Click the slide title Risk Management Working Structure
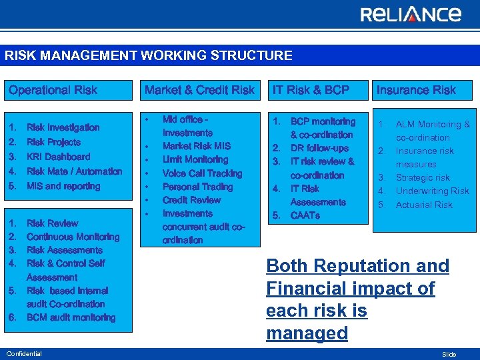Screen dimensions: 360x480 pyautogui.click(x=149, y=55)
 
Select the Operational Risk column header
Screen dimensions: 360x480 pyautogui.click(x=53, y=90)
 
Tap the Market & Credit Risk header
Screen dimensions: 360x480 pyautogui.click(x=199, y=90)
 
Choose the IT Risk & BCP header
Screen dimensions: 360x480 pyautogui.click(x=309, y=90)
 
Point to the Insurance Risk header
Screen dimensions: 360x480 pyautogui.click(x=416, y=90)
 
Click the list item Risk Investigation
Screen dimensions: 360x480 pyautogui.click(x=63, y=127)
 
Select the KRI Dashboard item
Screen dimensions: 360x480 pyautogui.click(x=58, y=157)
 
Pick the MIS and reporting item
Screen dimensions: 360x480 pyautogui.click(x=63, y=186)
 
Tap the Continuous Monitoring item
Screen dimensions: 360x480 pyautogui.click(x=73, y=237)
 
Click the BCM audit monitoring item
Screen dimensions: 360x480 pyautogui.click(x=71, y=317)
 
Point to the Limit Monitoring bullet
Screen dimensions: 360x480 pyautogui.click(x=195, y=159)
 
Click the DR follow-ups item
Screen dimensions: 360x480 pyautogui.click(x=319, y=148)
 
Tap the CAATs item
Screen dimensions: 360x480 pyautogui.click(x=305, y=215)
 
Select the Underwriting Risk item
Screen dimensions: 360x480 pyautogui.click(x=432, y=191)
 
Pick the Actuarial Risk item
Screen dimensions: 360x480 pyautogui.click(x=424, y=205)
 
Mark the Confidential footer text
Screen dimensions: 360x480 pyautogui.click(x=23, y=353)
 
